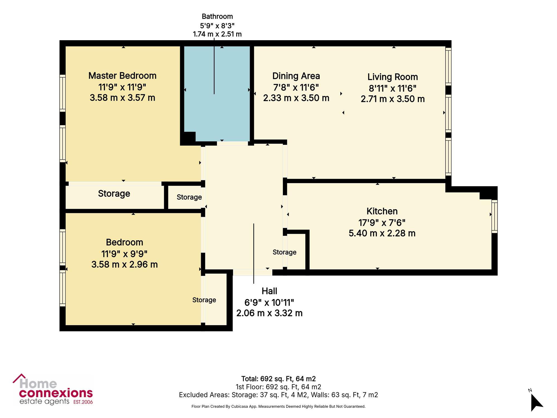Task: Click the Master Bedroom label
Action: (x=122, y=76)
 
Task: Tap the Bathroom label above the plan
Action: (x=217, y=17)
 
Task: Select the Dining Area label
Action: (x=296, y=76)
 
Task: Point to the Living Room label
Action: (x=393, y=77)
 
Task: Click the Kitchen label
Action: (x=382, y=211)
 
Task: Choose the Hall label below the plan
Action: (x=269, y=291)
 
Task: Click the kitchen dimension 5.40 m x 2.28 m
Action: (x=382, y=233)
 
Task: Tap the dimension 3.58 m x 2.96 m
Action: (x=124, y=264)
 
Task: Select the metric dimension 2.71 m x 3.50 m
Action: (x=393, y=99)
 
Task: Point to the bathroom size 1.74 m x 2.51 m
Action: (x=217, y=34)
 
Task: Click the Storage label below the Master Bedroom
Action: (x=114, y=194)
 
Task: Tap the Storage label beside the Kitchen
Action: (x=284, y=252)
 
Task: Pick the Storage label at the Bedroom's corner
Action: (x=204, y=300)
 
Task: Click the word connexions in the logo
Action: (x=56, y=393)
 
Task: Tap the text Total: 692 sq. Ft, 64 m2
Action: (x=278, y=379)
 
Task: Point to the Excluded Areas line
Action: (x=278, y=395)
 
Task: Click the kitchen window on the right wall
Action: (x=494, y=216)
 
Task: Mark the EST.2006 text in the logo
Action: (x=83, y=402)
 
